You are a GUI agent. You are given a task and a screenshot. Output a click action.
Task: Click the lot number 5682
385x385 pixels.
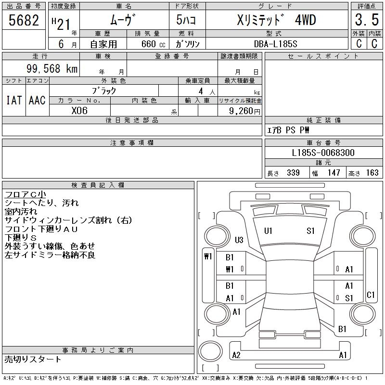pos(24,21)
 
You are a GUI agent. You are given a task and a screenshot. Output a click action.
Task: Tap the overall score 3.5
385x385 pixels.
pos(365,21)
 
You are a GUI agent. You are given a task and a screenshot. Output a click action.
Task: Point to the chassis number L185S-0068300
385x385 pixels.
pos(323,153)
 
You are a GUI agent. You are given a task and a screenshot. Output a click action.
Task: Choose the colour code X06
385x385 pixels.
pos(80,110)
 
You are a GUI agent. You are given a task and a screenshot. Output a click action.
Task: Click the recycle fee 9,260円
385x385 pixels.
pos(244,111)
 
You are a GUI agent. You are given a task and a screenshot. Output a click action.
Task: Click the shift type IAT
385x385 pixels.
pos(14,100)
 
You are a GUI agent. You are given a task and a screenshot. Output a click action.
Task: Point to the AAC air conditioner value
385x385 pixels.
pos(37,100)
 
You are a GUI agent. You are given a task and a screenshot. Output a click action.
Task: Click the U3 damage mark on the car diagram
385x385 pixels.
pos(239,240)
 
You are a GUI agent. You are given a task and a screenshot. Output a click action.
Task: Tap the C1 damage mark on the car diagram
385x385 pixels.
pos(370,295)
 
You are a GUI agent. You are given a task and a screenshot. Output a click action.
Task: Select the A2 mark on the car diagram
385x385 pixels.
pos(236,355)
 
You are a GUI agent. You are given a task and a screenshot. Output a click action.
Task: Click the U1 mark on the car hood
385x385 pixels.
pos(268,231)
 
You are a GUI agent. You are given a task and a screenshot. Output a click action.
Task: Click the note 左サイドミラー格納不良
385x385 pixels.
pos(50,255)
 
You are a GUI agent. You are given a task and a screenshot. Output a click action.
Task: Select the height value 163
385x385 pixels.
pos(372,173)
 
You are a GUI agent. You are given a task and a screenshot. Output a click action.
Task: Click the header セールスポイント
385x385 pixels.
pos(323,56)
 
